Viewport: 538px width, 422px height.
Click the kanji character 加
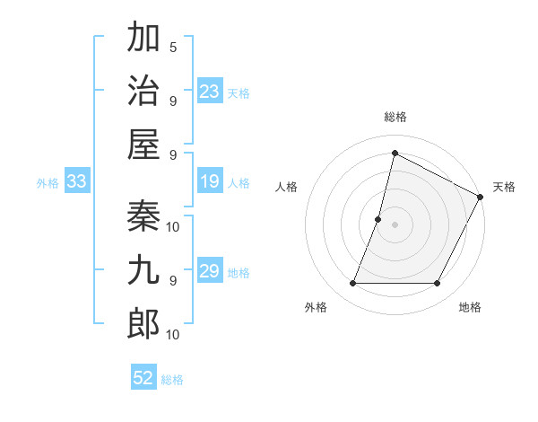tap(143, 40)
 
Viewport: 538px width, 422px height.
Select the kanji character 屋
tap(143, 143)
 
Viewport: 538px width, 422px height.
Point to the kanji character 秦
tap(143, 217)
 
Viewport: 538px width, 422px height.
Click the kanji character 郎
tap(143, 323)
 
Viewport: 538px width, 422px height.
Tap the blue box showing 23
tap(210, 92)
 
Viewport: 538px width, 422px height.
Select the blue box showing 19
tap(210, 182)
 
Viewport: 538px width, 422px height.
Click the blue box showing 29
tap(210, 271)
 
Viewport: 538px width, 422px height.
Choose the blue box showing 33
tap(77, 182)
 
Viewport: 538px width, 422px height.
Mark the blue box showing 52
tap(143, 378)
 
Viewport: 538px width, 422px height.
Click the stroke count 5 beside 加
tap(172, 47)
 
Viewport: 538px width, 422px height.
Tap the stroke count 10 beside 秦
tap(174, 226)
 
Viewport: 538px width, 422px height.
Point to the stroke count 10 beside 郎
tap(174, 335)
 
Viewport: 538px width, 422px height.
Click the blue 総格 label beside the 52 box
tap(172, 380)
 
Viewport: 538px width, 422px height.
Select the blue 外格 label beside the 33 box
tap(48, 183)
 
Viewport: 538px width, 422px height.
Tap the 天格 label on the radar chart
tap(504, 187)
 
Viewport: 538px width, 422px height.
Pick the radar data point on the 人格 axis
tap(378, 219)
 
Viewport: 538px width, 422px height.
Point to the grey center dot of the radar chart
tap(395, 224)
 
